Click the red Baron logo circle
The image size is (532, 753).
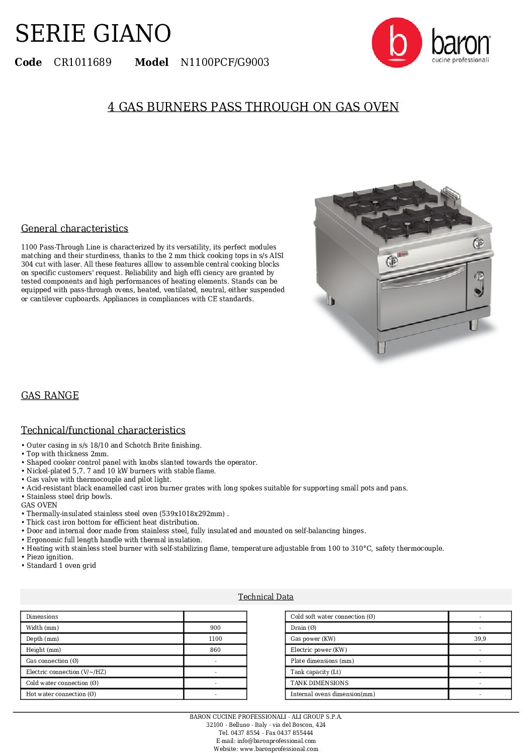(x=396, y=43)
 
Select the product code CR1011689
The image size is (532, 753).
(x=82, y=62)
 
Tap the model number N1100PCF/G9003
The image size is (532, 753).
(x=225, y=62)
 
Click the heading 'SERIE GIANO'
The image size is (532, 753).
(x=93, y=34)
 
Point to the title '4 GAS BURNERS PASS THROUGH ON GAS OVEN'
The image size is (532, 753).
(x=253, y=107)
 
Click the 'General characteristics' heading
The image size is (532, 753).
(x=74, y=228)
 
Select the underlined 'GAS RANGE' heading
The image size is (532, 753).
(x=50, y=395)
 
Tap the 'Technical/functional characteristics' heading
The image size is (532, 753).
(x=103, y=430)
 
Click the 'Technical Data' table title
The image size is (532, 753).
(x=265, y=597)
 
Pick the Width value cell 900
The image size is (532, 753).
(x=215, y=628)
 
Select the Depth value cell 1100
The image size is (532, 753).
(x=215, y=639)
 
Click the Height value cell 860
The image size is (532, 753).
(x=215, y=650)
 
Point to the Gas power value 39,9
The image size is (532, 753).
(x=480, y=639)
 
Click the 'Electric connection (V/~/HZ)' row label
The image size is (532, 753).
(x=66, y=672)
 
